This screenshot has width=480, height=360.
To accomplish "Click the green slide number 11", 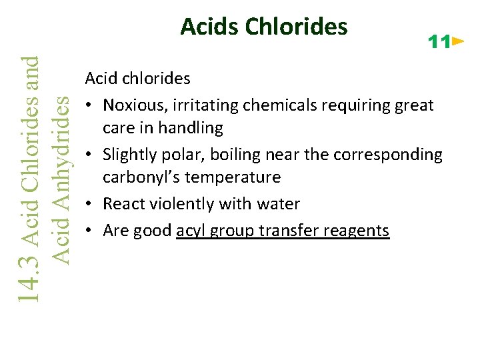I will click(x=439, y=43).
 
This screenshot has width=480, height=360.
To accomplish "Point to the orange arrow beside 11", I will click(x=457, y=42).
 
